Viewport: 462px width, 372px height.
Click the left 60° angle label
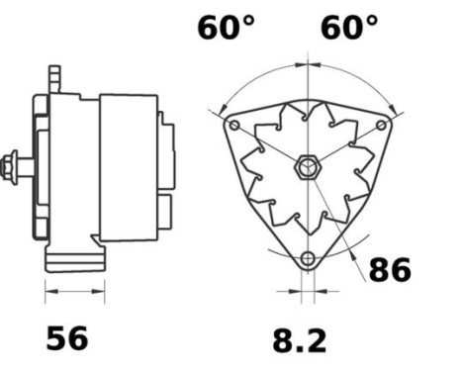click(227, 27)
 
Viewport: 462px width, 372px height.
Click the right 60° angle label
click(349, 27)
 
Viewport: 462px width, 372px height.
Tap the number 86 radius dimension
click(389, 269)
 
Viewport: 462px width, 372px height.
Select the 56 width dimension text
click(67, 338)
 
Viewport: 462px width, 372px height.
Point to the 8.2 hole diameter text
click(300, 340)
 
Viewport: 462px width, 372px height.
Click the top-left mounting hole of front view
click(233, 127)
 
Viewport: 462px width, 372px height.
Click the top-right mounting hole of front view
click(383, 127)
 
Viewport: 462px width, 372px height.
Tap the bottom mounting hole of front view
click(308, 259)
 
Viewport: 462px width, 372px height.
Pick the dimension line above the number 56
click(75, 292)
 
